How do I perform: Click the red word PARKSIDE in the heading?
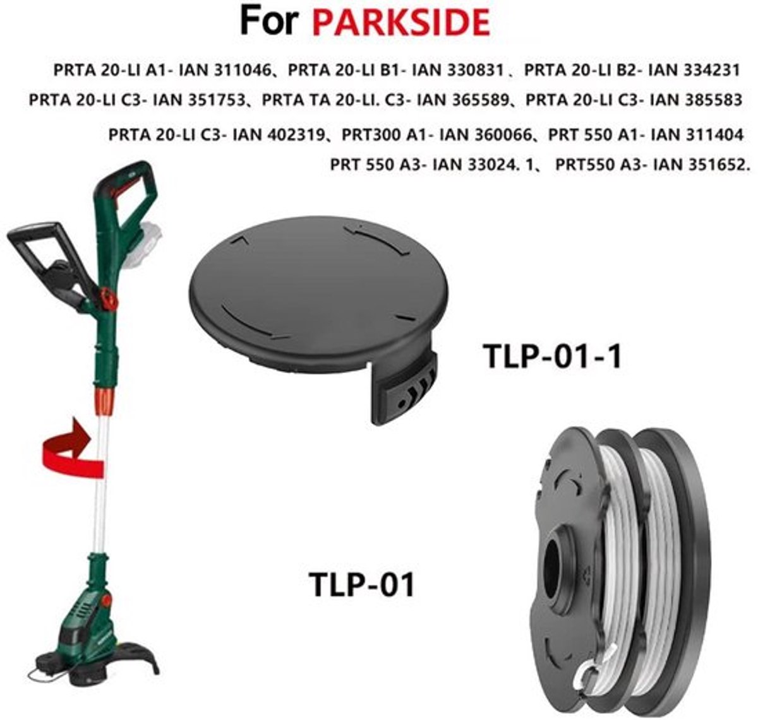coord(401,22)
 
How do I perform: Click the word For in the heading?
coord(269,21)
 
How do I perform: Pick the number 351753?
coord(216,100)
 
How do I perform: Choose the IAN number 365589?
coord(481,100)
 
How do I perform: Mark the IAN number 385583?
coord(713,100)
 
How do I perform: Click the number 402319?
coord(296,135)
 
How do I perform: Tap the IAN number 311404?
coord(714,135)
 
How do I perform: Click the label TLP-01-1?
coord(552,356)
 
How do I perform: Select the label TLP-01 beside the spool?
coord(362,584)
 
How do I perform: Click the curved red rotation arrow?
coord(69,449)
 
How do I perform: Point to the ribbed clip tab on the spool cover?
coord(408,395)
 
